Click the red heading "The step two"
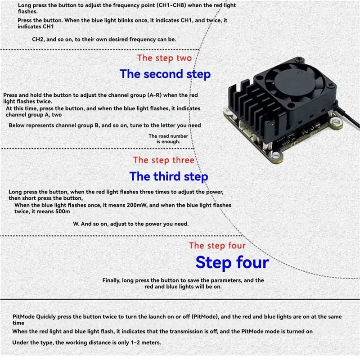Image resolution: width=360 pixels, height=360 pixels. click(x=164, y=58)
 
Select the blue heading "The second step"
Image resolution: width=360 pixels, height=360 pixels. click(x=165, y=74)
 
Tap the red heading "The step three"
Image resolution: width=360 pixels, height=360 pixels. click(x=164, y=160)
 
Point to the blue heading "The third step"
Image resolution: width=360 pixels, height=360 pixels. click(x=169, y=176)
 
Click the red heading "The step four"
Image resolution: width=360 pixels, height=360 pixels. click(x=217, y=246)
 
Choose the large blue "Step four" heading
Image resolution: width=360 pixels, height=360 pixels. click(x=232, y=262)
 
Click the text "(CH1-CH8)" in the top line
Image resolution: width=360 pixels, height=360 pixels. click(x=171, y=5)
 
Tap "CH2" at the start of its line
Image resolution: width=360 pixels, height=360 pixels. click(x=38, y=39)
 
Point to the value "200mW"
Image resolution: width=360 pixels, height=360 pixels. click(x=136, y=205)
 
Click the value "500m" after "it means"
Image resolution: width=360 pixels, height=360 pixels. click(x=63, y=211)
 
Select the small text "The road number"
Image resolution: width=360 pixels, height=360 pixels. click(x=168, y=136)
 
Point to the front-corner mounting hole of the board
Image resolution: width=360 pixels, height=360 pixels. click(x=275, y=155)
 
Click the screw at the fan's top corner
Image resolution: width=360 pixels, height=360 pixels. click(x=299, y=59)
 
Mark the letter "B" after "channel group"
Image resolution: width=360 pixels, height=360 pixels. click(x=97, y=126)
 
